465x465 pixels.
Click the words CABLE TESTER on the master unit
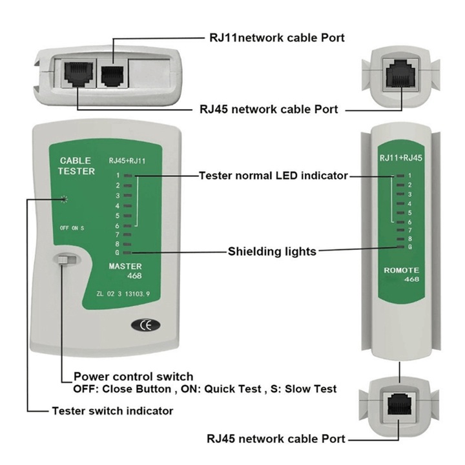pyautogui.click(x=77, y=166)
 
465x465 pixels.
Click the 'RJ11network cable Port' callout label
pyautogui.click(x=276, y=38)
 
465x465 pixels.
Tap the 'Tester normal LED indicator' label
pyautogui.click(x=273, y=176)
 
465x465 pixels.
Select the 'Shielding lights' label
pyautogui.click(x=272, y=251)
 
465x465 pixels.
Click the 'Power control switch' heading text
pyautogui.click(x=133, y=377)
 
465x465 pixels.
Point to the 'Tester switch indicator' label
pyautogui.click(x=112, y=410)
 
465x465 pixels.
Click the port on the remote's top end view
pyautogui.click(x=401, y=72)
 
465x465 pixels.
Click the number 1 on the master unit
pyautogui.click(x=118, y=175)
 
